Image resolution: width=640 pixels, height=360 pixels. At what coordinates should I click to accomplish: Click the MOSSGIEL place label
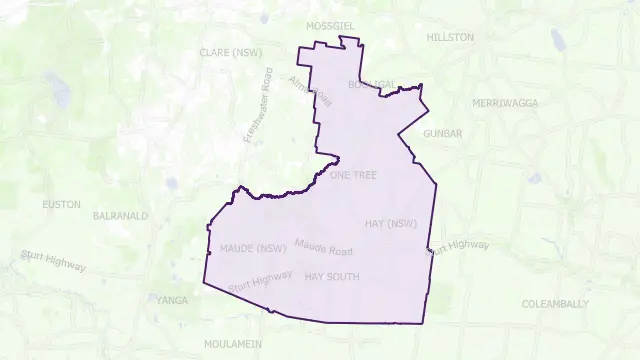[332, 24]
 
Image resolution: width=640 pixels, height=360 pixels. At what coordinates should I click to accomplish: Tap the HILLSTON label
[450, 37]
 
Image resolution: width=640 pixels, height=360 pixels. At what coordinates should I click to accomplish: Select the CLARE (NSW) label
[231, 52]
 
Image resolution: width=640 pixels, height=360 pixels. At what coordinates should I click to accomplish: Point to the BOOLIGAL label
[371, 85]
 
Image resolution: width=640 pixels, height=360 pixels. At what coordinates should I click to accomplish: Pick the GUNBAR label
[443, 132]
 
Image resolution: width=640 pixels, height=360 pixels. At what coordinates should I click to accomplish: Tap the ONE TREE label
[353, 175]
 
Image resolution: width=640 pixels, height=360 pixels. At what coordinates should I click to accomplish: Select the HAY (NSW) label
[391, 223]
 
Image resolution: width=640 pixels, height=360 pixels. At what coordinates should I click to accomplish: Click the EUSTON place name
[62, 204]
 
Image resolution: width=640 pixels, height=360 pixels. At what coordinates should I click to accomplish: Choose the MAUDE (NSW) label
[246, 247]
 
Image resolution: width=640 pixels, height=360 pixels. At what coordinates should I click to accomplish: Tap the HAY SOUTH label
[332, 275]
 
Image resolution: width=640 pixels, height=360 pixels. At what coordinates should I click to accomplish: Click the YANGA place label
[171, 299]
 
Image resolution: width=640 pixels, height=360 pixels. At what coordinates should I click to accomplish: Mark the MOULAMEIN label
[233, 343]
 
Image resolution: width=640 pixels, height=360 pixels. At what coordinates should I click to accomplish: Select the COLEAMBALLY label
[555, 304]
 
